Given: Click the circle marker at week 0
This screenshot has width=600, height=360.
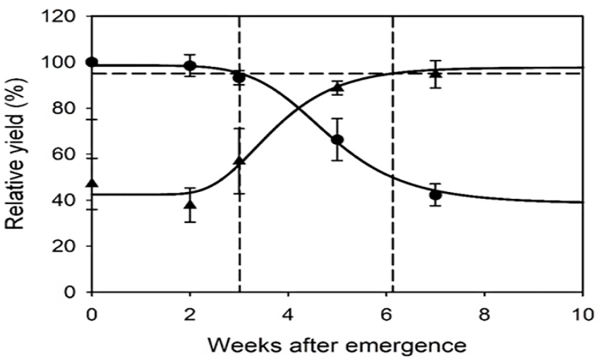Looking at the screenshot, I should pos(91,61).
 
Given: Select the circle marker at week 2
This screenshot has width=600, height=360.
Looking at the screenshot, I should pos(190,65).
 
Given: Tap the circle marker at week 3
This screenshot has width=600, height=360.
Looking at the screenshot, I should pos(239,77).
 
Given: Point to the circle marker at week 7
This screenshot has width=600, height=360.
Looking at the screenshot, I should pos(435,195).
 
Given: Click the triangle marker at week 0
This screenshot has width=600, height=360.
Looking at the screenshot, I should pos(91,183).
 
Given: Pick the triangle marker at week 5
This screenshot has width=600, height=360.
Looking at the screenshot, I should pos(337,88).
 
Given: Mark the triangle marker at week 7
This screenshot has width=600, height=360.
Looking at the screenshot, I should pos(435,73).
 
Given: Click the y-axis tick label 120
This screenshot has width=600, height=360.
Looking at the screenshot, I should pos(62,16).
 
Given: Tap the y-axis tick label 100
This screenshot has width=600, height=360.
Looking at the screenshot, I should pos(62,62).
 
